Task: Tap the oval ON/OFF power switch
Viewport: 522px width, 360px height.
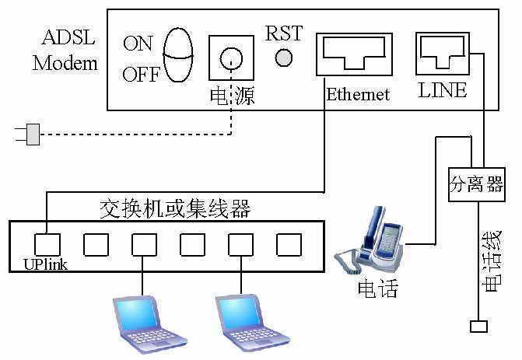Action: [x=178, y=54]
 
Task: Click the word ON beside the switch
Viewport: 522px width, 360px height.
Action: [x=138, y=44]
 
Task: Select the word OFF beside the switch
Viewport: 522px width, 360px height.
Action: [x=140, y=75]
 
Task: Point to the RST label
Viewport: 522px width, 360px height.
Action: [x=284, y=33]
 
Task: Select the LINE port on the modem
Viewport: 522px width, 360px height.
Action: [x=443, y=53]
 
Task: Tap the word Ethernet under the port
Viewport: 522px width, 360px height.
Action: [x=357, y=95]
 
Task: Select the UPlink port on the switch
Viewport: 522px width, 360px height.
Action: [x=47, y=245]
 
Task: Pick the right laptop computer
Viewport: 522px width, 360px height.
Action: [x=250, y=323]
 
